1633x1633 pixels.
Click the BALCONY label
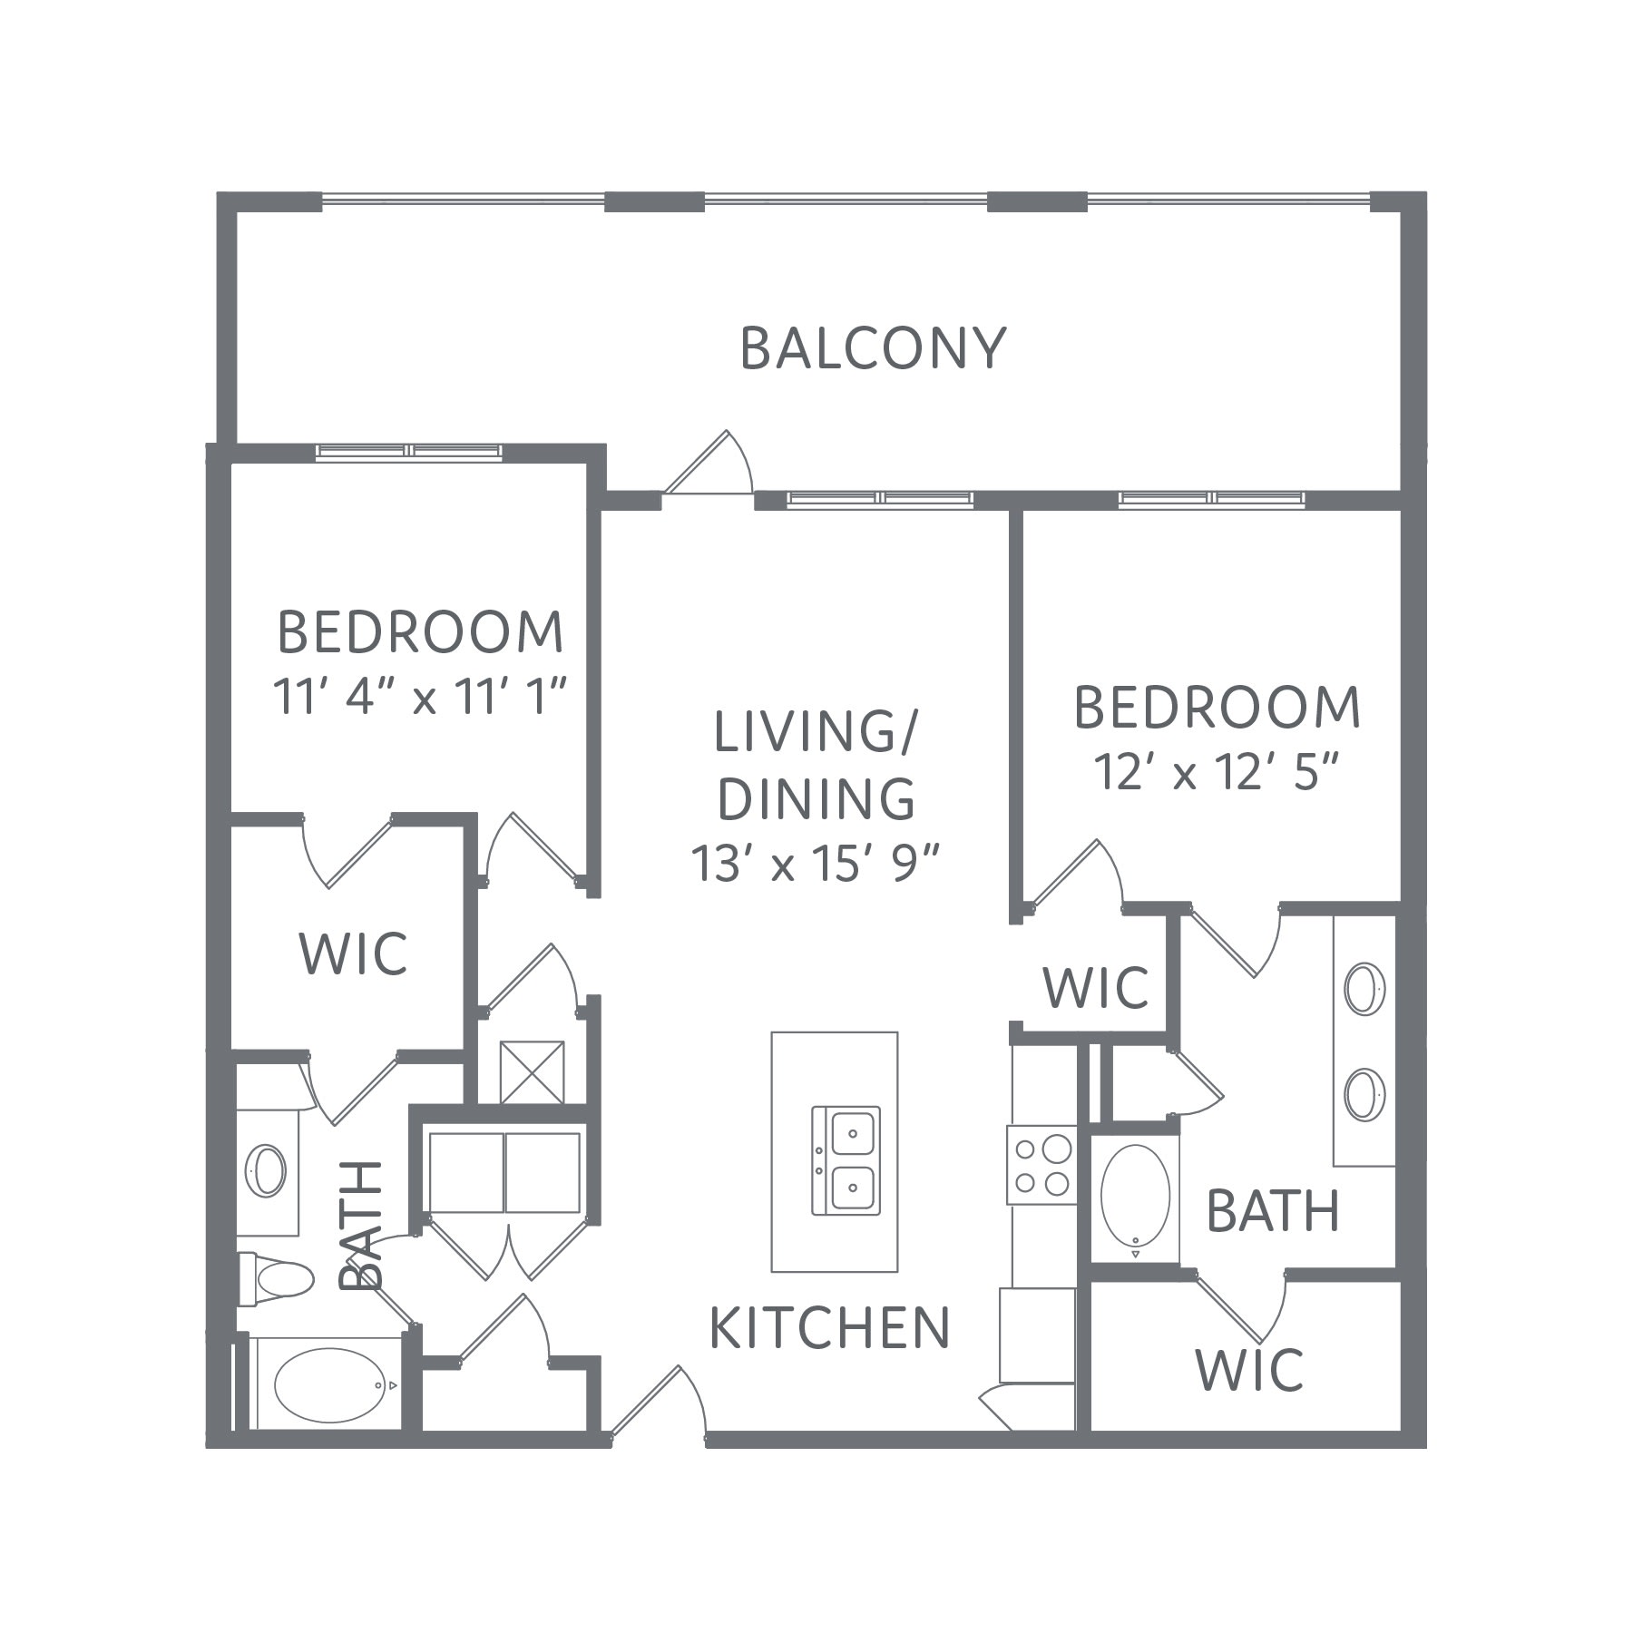[x=874, y=348]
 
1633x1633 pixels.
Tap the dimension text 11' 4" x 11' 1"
[x=421, y=697]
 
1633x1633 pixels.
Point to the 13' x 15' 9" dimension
[x=814, y=863]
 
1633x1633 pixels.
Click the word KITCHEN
[x=829, y=1328]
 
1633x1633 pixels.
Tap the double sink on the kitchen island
[x=846, y=1160]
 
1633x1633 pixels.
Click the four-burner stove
[x=1041, y=1166]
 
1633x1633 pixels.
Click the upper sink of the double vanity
[x=1364, y=990]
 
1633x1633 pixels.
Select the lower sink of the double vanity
[x=1364, y=1094]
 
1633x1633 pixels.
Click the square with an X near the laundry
[x=533, y=1072]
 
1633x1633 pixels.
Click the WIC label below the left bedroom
[x=353, y=953]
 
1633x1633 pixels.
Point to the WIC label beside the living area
[x=1096, y=987]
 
